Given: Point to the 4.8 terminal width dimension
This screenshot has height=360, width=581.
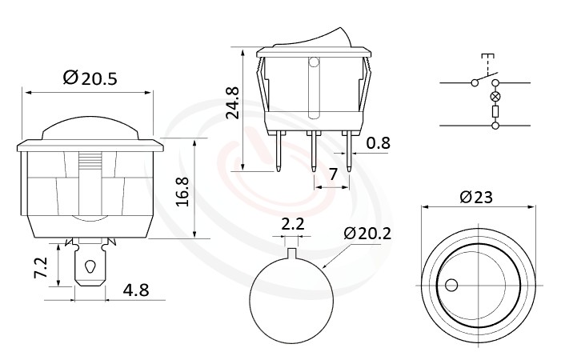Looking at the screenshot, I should point(135,290).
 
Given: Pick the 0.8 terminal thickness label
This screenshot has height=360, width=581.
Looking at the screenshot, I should point(379,144).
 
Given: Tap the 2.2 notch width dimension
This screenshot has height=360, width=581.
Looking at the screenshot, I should point(294,225).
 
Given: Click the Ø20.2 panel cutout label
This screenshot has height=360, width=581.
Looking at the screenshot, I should point(367,234).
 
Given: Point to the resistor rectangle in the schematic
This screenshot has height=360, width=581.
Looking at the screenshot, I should point(495,112).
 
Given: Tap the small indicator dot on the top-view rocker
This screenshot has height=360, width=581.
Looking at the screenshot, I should point(451,285).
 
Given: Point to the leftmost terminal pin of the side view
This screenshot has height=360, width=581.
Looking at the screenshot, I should point(277,152).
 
